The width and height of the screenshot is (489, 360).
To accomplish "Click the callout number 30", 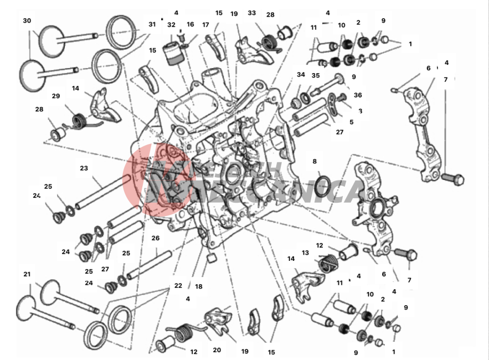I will (27, 20).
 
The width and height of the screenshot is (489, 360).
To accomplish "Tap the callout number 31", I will (152, 24).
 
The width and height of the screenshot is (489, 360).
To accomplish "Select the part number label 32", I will (171, 24).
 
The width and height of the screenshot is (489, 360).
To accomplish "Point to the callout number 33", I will (252, 13).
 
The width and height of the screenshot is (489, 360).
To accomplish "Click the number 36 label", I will (358, 95).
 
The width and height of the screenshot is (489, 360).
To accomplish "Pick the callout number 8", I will (315, 162).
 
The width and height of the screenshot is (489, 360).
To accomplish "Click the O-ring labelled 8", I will (323, 187).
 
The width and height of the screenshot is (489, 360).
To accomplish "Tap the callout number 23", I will (84, 168).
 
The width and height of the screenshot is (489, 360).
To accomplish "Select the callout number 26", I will (156, 238).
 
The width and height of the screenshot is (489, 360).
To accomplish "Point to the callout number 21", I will (27, 274).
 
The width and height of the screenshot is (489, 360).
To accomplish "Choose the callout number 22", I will (178, 286).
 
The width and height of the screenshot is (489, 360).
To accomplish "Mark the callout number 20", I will (217, 350).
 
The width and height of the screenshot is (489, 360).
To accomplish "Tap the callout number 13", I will (305, 253).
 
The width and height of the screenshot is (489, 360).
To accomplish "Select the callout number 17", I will (205, 24).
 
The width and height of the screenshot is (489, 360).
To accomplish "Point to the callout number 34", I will (301, 75).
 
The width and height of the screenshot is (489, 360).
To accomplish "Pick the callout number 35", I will (316, 75).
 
